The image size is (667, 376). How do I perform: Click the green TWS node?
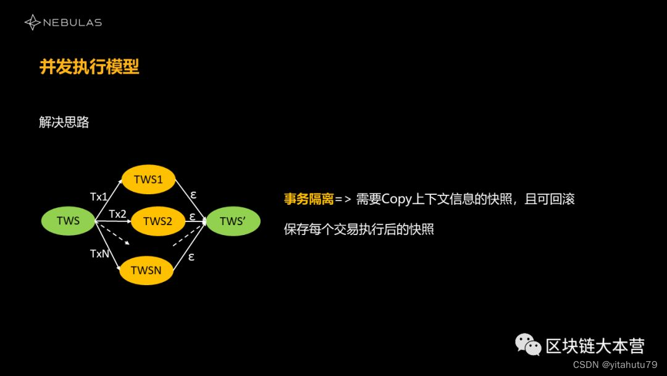click(68, 221)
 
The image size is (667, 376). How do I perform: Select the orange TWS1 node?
click(148, 179)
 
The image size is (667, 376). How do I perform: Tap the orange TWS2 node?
click(157, 221)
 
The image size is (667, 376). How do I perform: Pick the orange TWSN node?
click(146, 270)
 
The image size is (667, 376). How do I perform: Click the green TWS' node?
click(233, 221)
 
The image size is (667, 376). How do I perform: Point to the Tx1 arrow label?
click(99, 197)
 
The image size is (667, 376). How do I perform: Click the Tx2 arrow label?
click(117, 214)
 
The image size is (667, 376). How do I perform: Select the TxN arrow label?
click(99, 254)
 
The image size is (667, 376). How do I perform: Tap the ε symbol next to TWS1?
click(193, 194)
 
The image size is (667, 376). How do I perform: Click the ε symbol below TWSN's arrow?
click(191, 257)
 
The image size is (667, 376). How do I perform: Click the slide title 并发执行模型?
click(90, 67)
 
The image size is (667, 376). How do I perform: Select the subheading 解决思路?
click(64, 122)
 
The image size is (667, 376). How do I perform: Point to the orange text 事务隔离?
click(308, 199)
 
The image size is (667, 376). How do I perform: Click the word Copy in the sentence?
click(396, 199)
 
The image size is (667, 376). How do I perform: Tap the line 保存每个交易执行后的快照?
click(359, 229)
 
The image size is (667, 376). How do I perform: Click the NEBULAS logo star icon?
click(32, 23)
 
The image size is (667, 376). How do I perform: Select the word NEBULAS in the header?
click(72, 23)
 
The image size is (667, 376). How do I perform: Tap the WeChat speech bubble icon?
click(528, 344)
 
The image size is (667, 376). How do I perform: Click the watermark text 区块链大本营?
click(595, 346)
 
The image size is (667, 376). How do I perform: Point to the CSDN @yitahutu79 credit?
click(615, 365)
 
